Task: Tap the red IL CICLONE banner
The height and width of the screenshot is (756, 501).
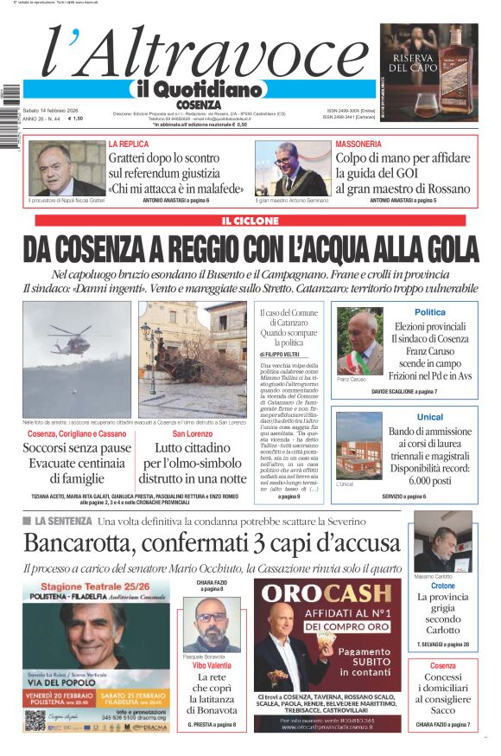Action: pos(250,221)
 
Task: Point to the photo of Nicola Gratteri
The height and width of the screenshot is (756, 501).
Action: pos(66,169)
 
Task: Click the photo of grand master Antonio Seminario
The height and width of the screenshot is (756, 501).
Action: pos(292,169)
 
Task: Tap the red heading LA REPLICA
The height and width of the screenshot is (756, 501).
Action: pos(128,144)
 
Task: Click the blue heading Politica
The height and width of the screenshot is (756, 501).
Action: pos(430,312)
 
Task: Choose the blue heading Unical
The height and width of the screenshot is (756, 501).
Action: pos(429,417)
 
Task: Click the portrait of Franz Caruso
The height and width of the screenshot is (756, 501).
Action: pos(359,342)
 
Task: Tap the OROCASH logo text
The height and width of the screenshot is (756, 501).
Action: pos(327,593)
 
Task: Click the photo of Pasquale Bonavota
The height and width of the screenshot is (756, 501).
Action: pos(211,625)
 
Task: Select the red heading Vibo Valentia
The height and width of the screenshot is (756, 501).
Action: pos(212,667)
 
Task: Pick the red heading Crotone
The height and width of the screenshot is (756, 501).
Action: pos(442,586)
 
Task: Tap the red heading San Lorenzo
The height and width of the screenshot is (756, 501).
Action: pos(193,432)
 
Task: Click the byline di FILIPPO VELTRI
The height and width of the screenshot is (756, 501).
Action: pos(282,354)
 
